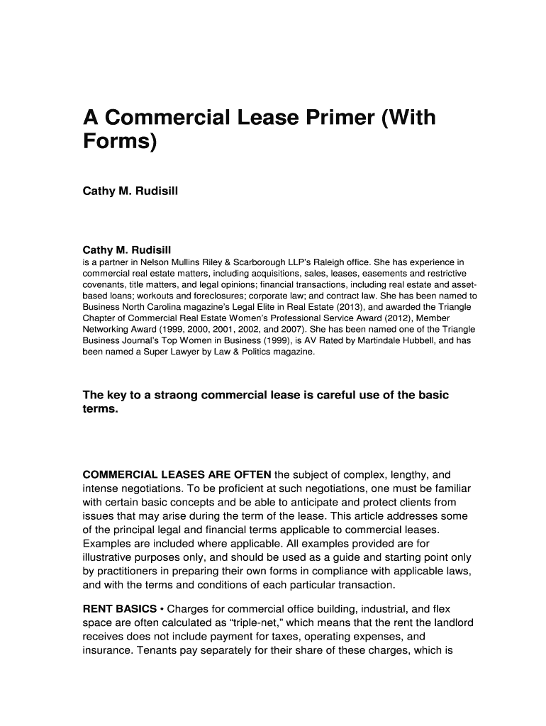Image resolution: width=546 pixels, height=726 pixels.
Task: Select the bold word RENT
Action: click(x=99, y=608)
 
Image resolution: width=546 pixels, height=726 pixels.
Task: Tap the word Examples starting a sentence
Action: click(x=108, y=544)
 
